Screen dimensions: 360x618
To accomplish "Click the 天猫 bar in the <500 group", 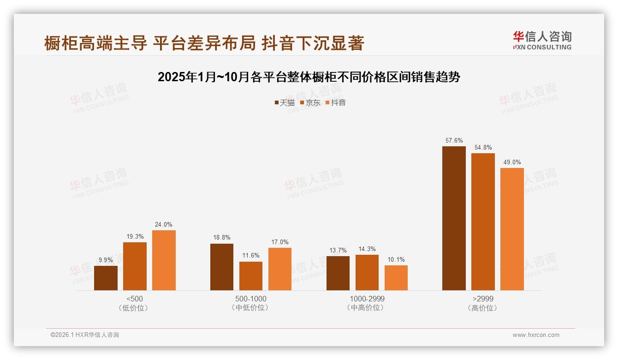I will click(x=106, y=278).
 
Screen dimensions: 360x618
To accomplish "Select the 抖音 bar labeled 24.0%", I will click(x=164, y=260).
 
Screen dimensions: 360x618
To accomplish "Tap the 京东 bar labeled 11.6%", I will click(x=251, y=276).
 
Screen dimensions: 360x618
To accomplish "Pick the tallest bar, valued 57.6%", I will click(x=454, y=218).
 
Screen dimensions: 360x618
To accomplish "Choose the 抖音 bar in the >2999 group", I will click(x=512, y=229).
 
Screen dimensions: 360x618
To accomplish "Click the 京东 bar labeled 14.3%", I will click(x=367, y=272).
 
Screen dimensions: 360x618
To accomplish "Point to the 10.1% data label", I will click(x=396, y=260).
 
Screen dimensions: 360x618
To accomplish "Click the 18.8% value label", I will click(x=222, y=238).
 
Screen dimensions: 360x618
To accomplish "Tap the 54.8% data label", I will click(x=483, y=147).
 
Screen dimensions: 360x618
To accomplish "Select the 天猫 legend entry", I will click(x=285, y=102).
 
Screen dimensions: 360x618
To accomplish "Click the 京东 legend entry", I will click(x=310, y=102).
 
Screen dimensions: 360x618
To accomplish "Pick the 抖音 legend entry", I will click(x=336, y=102).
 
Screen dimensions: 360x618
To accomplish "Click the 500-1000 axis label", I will click(x=250, y=299).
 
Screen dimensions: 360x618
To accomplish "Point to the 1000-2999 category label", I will click(x=367, y=299).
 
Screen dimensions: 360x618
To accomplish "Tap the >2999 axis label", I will click(x=483, y=299).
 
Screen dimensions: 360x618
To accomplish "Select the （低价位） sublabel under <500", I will click(x=134, y=307).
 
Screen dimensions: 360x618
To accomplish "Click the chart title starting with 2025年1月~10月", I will click(x=309, y=77).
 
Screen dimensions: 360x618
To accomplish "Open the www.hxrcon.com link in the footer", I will click(x=536, y=335).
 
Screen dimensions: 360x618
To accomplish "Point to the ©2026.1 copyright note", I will click(x=85, y=335).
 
